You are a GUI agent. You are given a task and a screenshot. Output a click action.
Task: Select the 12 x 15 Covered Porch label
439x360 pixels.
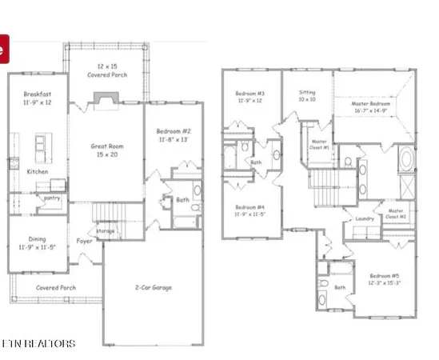[x=107, y=70]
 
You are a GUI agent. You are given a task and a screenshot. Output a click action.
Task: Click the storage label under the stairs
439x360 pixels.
[x=106, y=231]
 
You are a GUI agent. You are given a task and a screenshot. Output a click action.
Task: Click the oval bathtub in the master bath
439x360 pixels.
[x=408, y=158]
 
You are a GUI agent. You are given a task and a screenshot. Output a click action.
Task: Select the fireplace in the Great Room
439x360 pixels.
[x=106, y=98]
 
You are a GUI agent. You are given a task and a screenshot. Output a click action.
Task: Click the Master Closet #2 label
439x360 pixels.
[x=397, y=214]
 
